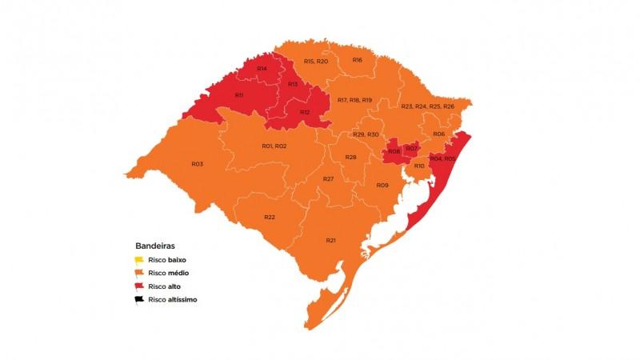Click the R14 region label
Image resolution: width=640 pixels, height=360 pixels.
[262, 69]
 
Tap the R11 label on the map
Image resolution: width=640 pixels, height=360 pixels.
[239, 95]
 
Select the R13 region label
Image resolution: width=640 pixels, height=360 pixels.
[293, 84]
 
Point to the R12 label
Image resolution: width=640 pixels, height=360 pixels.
[305, 112]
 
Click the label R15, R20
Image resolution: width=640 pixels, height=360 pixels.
[316, 62]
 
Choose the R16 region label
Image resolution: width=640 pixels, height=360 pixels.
[358, 60]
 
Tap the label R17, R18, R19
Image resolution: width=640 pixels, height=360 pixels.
[354, 99]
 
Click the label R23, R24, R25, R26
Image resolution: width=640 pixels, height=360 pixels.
[428, 106]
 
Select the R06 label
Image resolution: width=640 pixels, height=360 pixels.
[438, 134]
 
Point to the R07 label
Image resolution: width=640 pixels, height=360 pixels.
[411, 148]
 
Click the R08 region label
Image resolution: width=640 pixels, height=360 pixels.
[394, 151]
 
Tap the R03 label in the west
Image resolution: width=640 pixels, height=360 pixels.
[197, 163]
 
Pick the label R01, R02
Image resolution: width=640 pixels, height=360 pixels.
[274, 146]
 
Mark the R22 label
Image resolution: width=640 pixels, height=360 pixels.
[270, 218]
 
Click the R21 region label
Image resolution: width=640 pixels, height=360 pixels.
[330, 240]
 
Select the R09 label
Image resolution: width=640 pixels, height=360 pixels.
[382, 185]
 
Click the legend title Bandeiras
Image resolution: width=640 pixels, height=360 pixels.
[155, 246]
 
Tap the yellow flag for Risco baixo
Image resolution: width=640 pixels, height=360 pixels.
[139, 260]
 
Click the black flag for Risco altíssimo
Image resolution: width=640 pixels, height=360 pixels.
[139, 299]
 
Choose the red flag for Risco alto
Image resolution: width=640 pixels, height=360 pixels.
[139, 286]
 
